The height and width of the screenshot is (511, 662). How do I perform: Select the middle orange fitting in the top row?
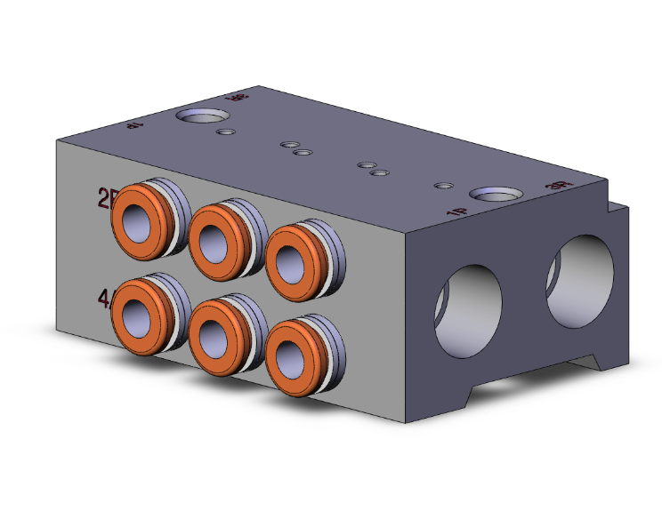tap(216, 236)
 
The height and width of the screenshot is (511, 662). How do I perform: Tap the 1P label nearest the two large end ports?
tap(456, 212)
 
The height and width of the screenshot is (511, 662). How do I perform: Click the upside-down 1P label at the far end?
tap(135, 126)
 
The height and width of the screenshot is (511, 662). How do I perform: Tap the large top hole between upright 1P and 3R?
tap(495, 195)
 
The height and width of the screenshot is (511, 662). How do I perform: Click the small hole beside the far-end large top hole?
tap(227, 132)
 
